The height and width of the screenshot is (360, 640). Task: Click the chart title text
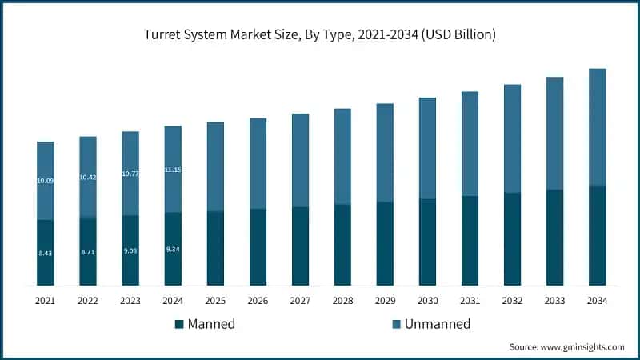[319, 34]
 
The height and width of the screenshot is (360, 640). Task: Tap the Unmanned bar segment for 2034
[597, 126]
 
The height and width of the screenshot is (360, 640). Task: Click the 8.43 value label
[46, 253]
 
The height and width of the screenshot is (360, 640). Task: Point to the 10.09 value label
[46, 181]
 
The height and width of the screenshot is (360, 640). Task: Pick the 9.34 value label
[173, 250]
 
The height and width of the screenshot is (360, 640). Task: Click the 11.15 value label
[173, 170]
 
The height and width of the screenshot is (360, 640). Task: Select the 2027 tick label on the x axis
[300, 301]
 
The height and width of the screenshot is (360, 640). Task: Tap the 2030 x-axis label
[427, 301]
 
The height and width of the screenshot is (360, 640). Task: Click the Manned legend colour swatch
[179, 324]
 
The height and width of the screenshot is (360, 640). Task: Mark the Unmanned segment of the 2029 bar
[385, 152]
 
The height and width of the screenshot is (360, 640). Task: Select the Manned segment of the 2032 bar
[512, 238]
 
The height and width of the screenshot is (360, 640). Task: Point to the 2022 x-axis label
[88, 301]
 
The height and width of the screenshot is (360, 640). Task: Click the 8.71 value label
[88, 252]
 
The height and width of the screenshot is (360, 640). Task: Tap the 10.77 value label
[130, 174]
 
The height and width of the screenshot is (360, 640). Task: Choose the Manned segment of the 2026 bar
[258, 246]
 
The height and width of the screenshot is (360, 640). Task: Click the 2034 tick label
[597, 301]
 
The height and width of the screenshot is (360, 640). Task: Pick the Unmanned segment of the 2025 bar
[215, 166]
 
